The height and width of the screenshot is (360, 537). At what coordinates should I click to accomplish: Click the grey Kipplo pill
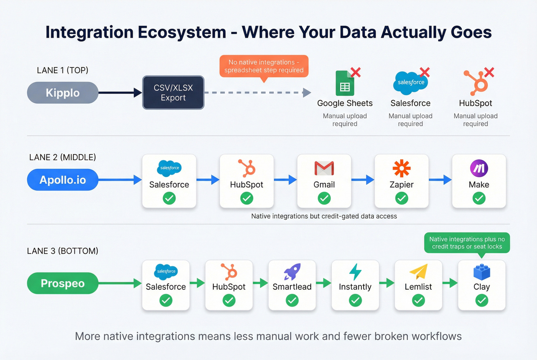click(63, 93)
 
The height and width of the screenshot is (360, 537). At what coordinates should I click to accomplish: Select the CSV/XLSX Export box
click(173, 93)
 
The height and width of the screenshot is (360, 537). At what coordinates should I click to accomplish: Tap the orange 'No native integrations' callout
click(264, 66)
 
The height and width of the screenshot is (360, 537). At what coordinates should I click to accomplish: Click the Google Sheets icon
click(344, 83)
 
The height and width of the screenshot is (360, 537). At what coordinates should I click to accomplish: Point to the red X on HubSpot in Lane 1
click(489, 72)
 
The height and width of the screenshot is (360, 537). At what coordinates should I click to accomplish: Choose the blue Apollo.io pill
click(63, 180)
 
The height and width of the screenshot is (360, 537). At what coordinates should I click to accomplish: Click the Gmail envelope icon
click(324, 168)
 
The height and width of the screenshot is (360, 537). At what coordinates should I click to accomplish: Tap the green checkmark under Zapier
click(402, 198)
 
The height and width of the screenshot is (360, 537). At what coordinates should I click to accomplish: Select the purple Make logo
click(479, 168)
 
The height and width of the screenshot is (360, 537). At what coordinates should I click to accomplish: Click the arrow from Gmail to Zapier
click(363, 179)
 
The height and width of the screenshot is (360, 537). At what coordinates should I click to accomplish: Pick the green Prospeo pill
click(63, 283)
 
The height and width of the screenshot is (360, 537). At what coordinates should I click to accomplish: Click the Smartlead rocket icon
click(292, 271)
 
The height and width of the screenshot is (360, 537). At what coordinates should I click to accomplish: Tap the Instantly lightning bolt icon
click(355, 271)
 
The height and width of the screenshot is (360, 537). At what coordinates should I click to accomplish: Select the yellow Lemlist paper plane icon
click(418, 271)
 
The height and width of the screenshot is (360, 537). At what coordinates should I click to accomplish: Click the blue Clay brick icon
click(482, 272)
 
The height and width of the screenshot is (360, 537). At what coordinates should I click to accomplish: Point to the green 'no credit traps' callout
click(467, 243)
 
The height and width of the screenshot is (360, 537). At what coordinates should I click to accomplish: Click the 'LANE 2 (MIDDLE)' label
click(63, 157)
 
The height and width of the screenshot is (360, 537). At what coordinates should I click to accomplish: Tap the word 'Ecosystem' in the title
click(182, 32)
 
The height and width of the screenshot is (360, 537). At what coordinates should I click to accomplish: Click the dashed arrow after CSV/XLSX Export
click(257, 93)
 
